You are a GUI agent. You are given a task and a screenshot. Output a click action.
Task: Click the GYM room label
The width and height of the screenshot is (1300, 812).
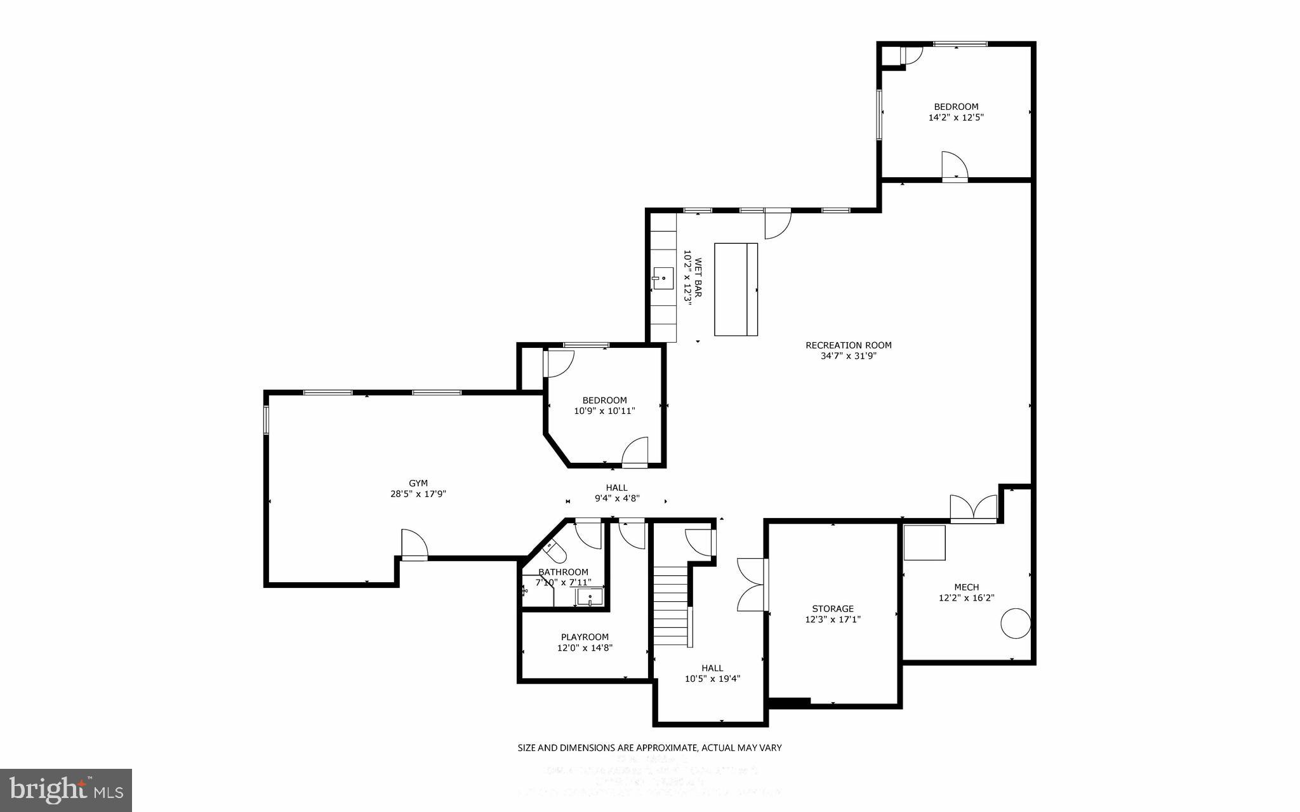(418, 483)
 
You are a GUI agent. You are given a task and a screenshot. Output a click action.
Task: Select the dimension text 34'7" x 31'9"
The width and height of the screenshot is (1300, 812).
(848, 356)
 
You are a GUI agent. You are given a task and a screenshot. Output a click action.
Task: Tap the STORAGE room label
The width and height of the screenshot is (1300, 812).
(832, 608)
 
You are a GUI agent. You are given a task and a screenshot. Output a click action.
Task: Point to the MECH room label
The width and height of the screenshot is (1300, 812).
(966, 587)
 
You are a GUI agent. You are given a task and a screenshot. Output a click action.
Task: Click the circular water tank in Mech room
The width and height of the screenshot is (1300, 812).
(1015, 623)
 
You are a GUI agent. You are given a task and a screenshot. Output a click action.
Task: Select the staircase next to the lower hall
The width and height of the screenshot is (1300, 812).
(671, 606)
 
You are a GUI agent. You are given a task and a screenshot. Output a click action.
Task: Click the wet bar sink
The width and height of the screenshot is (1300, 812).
(663, 278)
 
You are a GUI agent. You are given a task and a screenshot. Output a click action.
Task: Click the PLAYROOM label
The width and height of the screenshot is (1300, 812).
(584, 637)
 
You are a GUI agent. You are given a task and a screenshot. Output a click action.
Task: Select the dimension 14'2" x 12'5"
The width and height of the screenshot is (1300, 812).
(955, 117)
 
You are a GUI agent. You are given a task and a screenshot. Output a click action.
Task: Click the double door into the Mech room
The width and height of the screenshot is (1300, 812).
(973, 509)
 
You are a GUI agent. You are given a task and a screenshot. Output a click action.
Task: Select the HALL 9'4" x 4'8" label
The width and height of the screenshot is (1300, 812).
(616, 493)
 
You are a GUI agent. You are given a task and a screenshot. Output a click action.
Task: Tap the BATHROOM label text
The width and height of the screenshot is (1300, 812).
(563, 572)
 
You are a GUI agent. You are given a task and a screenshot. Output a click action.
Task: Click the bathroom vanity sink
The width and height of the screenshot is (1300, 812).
(590, 597)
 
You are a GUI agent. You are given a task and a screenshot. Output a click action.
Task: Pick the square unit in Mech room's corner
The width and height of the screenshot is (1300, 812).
(924, 542)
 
